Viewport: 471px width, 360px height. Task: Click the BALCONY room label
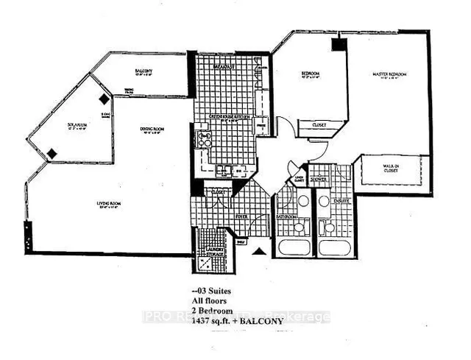coord(143,71)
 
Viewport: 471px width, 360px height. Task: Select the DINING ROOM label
coord(154,130)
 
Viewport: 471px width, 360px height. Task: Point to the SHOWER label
coord(318,177)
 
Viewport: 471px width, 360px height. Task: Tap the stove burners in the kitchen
coord(203,138)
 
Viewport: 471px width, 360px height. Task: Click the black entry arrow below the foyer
coord(258,252)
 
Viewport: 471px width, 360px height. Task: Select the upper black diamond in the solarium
coord(105,98)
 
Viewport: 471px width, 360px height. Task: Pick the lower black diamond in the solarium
coord(52,153)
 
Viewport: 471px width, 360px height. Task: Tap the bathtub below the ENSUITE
coord(334,247)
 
